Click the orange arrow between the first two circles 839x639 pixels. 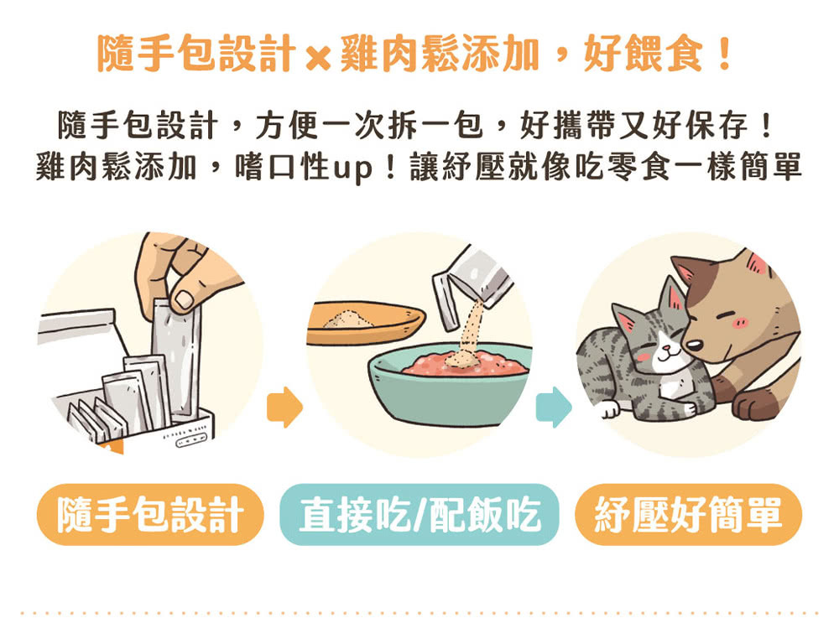click(284, 407)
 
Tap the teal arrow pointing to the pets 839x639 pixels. click(553, 407)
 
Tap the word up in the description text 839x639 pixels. click(353, 167)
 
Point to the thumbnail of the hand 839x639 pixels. click(182, 299)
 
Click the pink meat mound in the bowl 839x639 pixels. click(466, 365)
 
